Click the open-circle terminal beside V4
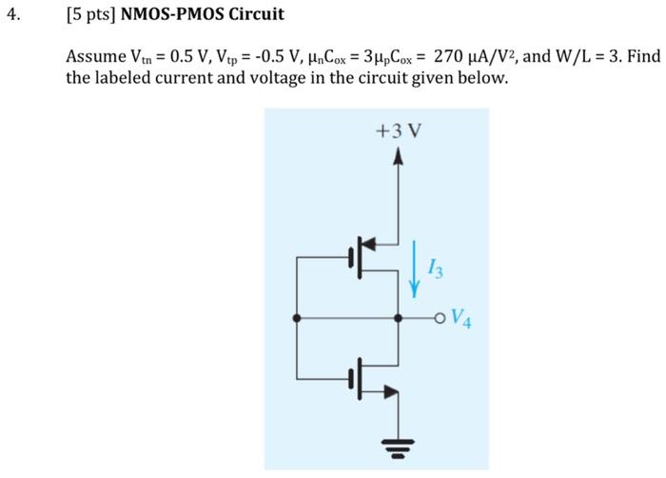pyautogui.click(x=440, y=318)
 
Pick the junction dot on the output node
pyautogui.click(x=399, y=318)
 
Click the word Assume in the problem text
pyautogui.click(x=94, y=57)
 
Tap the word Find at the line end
pyautogui.click(x=643, y=57)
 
